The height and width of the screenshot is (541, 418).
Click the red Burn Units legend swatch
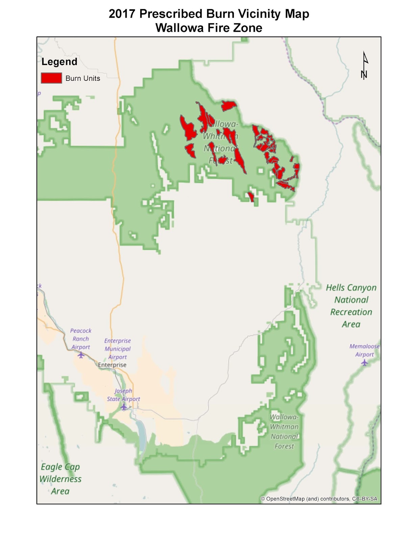(x=51, y=78)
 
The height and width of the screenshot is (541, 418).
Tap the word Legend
(x=59, y=62)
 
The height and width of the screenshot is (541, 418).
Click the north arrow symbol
(x=364, y=66)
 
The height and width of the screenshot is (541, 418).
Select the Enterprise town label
(x=112, y=365)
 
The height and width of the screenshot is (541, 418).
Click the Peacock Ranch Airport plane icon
(x=81, y=355)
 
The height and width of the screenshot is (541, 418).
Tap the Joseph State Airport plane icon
(x=124, y=407)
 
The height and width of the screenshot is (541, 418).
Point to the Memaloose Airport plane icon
(x=364, y=362)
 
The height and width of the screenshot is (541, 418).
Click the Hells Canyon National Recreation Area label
(x=351, y=306)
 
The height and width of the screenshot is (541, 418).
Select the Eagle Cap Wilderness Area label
(x=60, y=479)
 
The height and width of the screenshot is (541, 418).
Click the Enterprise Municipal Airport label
(x=117, y=349)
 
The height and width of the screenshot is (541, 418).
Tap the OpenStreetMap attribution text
(x=319, y=499)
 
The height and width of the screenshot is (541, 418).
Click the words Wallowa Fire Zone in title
(x=209, y=28)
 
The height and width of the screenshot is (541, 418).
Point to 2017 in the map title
(x=122, y=14)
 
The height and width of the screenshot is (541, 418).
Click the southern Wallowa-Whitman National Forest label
(x=284, y=431)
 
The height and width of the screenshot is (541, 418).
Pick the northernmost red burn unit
(x=228, y=106)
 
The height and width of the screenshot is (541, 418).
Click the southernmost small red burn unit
(x=251, y=197)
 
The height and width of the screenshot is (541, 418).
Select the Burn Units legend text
(x=83, y=78)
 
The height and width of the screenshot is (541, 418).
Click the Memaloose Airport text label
(x=364, y=350)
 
